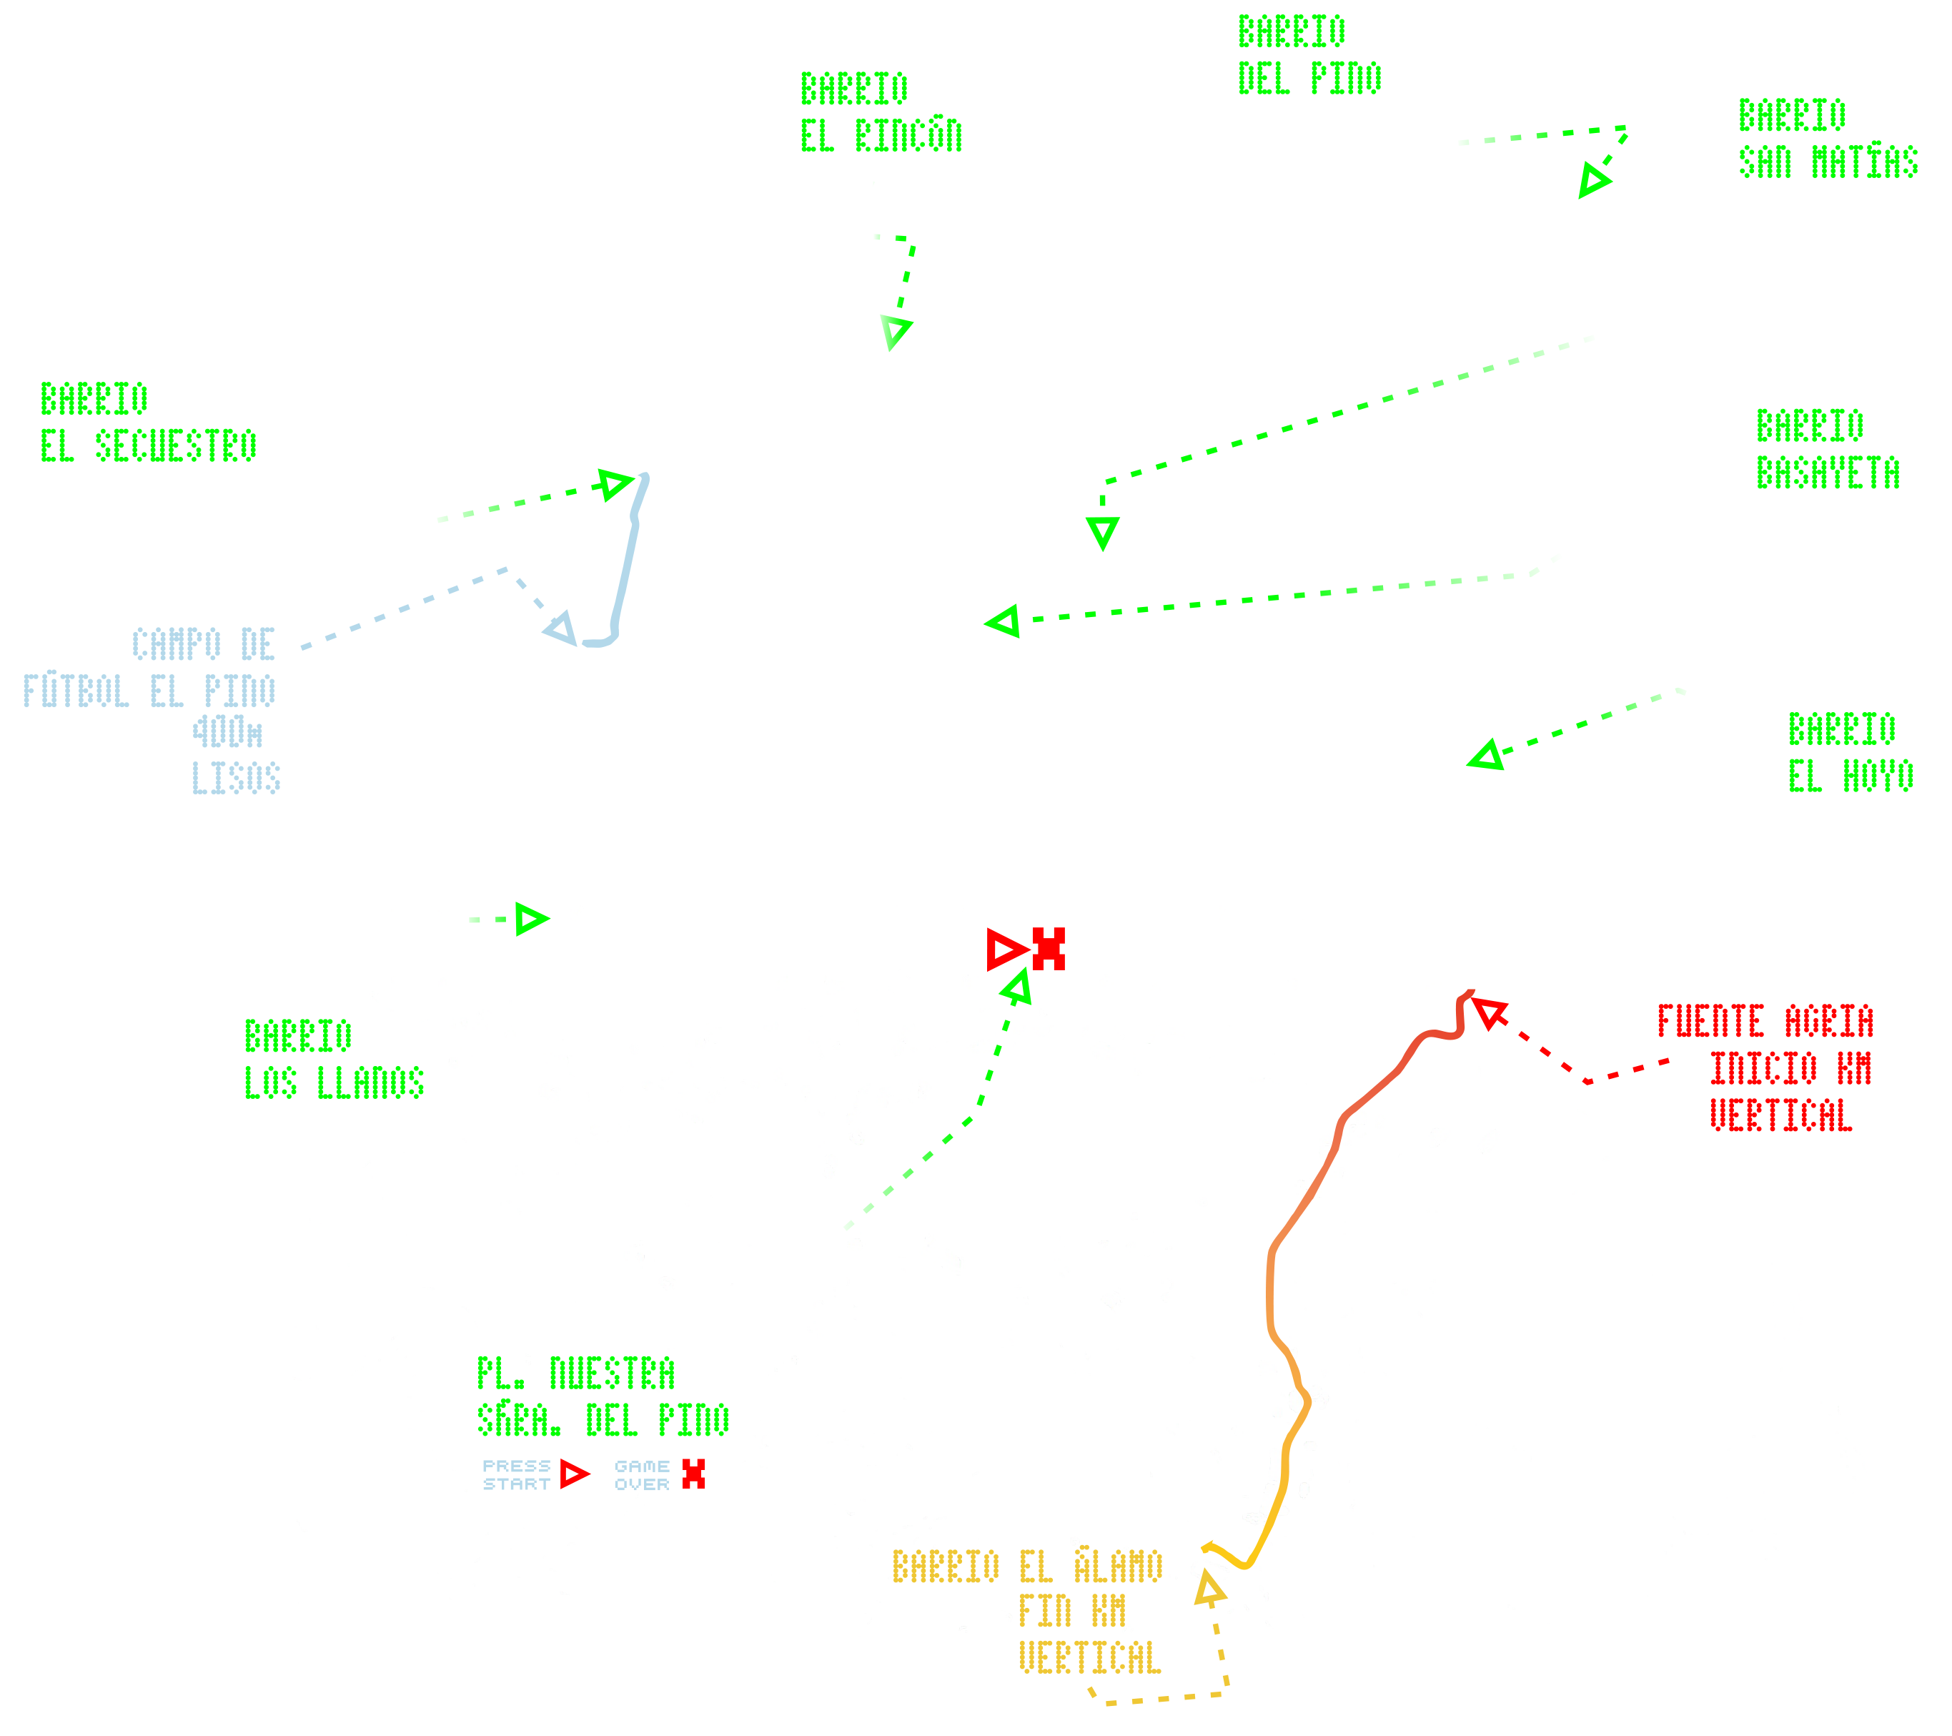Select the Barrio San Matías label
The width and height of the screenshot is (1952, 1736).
[x=1826, y=139]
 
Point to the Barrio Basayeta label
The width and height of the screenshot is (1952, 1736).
[x=1827, y=450]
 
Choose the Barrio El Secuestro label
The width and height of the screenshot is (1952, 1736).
[x=148, y=423]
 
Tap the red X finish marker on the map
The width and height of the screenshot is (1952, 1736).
[x=1049, y=949]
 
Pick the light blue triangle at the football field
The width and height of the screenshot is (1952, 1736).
[x=560, y=630]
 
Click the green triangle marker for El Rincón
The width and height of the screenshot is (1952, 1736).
[x=896, y=332]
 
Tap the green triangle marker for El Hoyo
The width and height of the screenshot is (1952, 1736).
[x=1487, y=756]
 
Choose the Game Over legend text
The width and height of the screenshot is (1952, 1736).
[x=642, y=1475]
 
